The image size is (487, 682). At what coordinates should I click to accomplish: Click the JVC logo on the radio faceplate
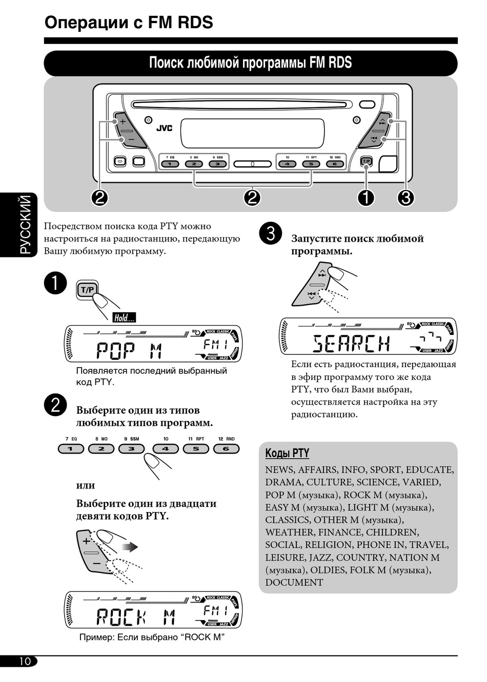coord(164,127)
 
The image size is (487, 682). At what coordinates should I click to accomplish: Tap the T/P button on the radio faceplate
coord(366,162)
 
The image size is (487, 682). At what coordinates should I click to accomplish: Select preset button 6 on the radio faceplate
coord(335,164)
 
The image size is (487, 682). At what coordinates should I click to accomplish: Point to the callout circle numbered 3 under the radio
coord(405,197)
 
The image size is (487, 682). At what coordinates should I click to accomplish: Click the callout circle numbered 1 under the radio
coord(366,197)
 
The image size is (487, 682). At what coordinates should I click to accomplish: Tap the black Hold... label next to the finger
coord(124,317)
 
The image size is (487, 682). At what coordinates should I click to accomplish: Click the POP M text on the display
coord(129,351)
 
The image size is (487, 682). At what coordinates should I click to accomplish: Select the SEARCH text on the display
coord(351,344)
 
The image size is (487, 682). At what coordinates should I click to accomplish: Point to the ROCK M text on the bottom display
coord(136,617)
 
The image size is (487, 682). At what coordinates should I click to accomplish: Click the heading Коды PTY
coord(287,453)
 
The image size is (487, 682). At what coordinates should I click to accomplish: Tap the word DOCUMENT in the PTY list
coord(294,582)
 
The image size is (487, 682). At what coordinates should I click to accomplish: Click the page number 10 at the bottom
coord(25,661)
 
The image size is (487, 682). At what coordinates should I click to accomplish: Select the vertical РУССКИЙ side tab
coord(25,225)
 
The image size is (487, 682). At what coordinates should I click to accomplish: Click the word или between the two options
coord(86,485)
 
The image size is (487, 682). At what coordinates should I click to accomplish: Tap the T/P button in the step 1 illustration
coord(87,290)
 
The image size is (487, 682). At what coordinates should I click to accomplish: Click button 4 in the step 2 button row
coord(166,449)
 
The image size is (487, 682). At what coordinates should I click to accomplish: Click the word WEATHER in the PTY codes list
coord(290,532)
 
